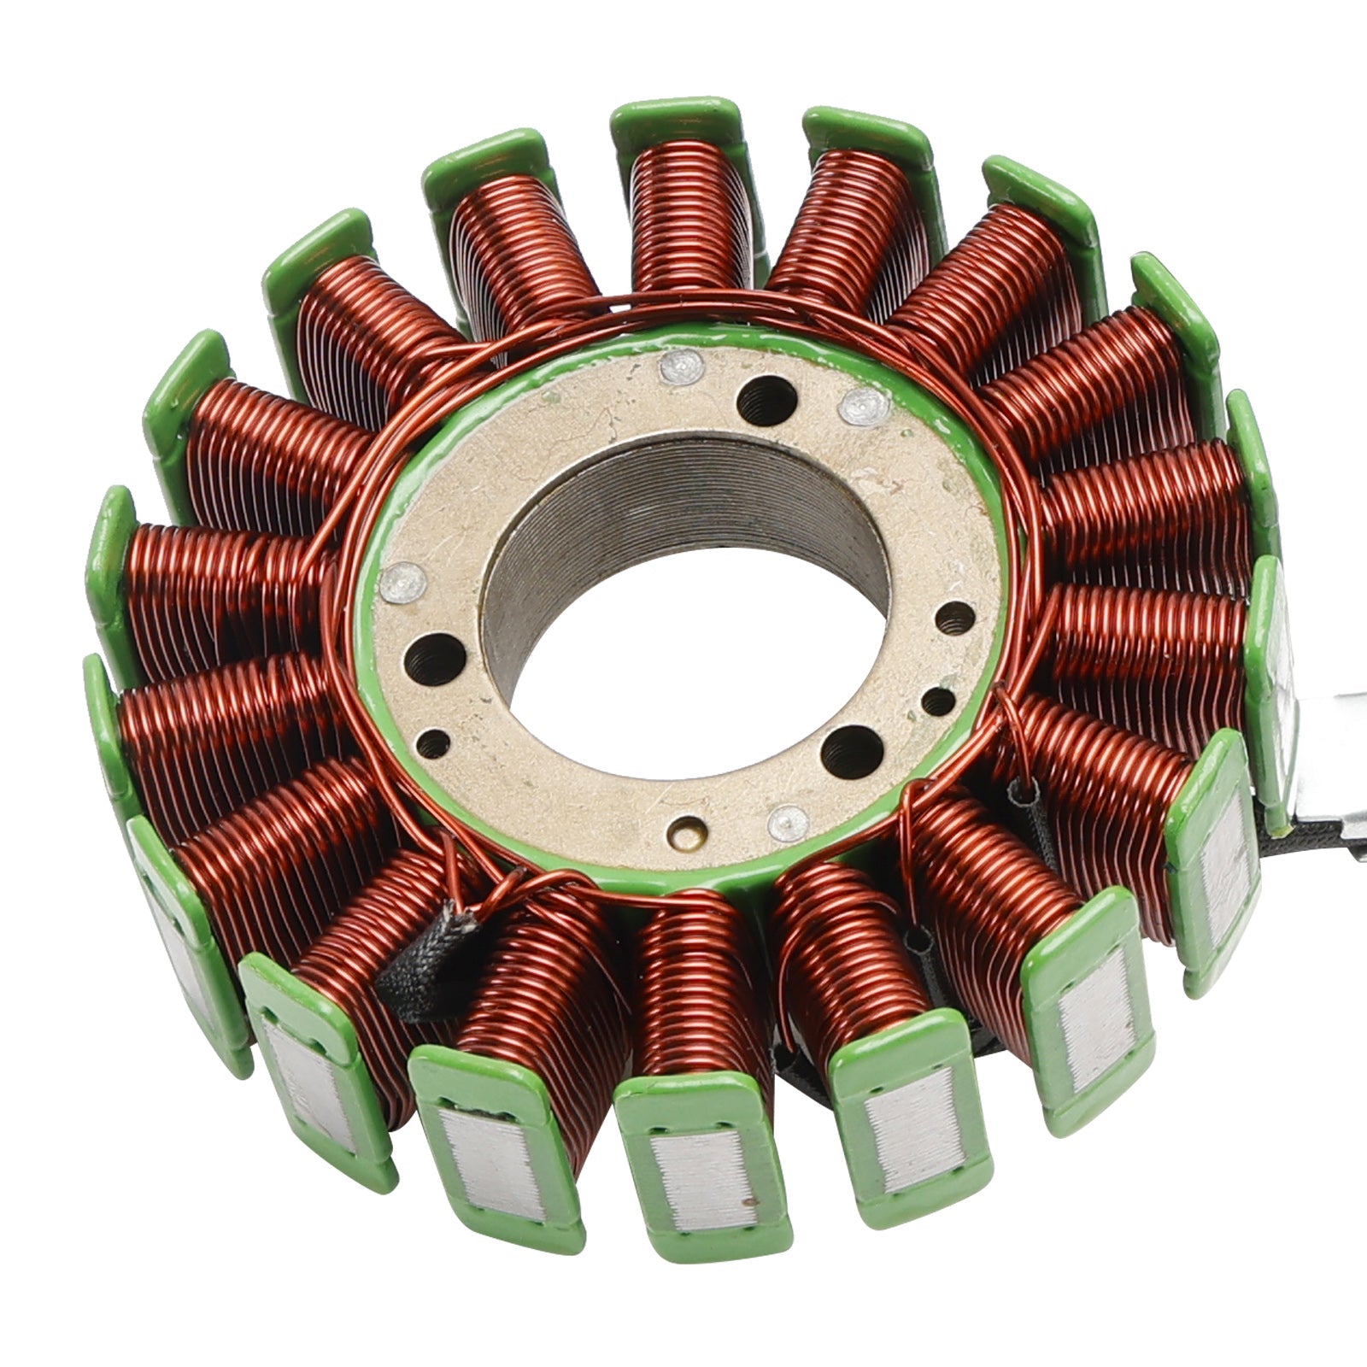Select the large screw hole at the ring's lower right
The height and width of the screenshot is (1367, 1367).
pyautogui.click(x=851, y=749)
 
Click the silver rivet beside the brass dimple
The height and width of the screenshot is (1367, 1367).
pyautogui.click(x=787, y=822)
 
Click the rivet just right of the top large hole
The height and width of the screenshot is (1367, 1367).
pyautogui.click(x=860, y=409)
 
